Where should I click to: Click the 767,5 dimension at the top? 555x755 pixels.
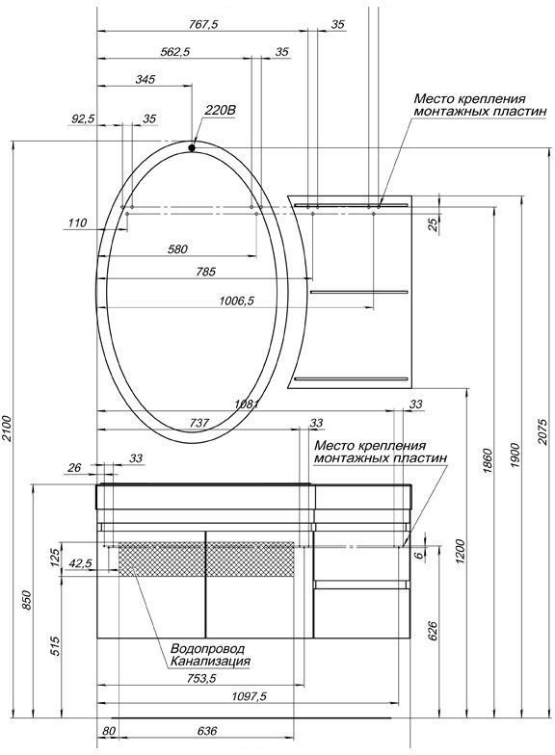point(199,24)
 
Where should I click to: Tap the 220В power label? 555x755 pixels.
point(220,111)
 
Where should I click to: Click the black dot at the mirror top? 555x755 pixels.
point(192,146)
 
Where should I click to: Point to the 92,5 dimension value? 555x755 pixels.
point(84,118)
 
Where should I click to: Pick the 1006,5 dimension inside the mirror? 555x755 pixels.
point(236,300)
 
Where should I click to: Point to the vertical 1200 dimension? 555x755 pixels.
point(460,551)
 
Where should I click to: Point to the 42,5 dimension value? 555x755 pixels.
point(81,563)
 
